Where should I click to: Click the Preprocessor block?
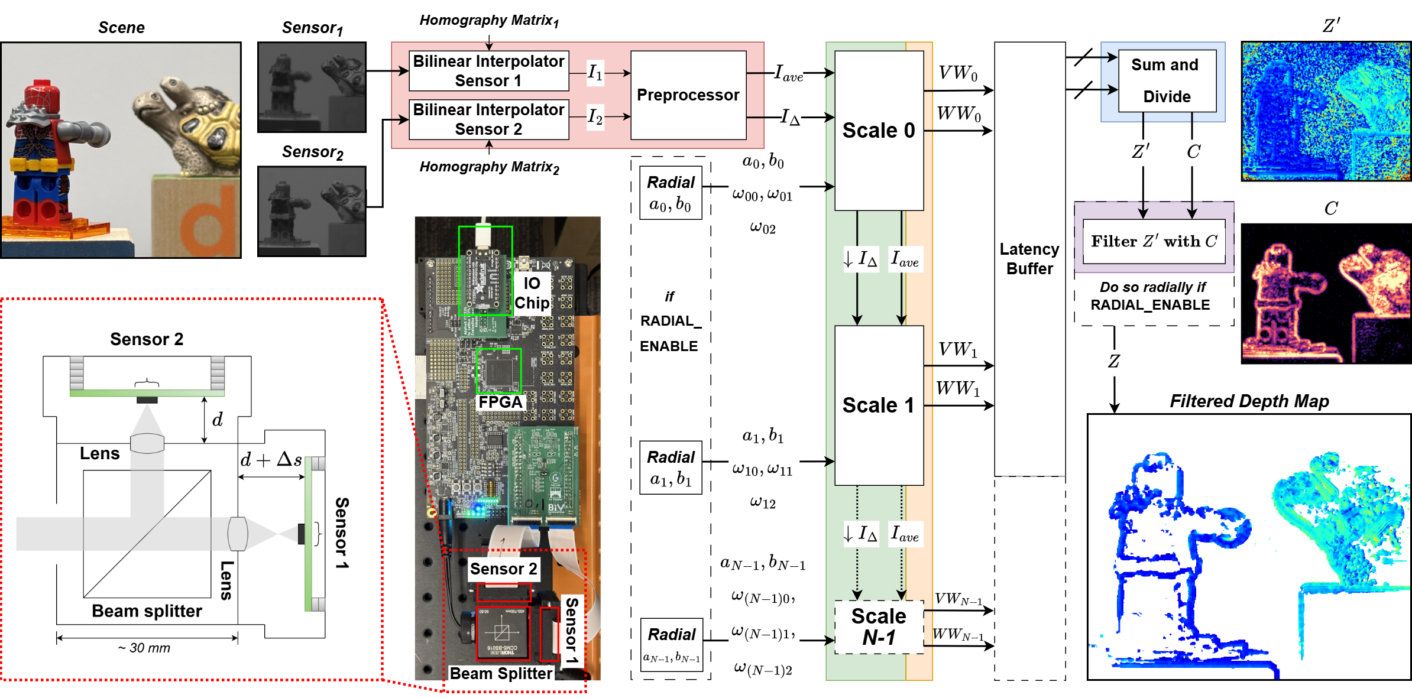pyautogui.click(x=688, y=95)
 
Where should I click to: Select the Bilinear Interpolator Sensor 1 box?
pyautogui.click(x=488, y=71)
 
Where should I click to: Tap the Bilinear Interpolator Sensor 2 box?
pyautogui.click(x=488, y=119)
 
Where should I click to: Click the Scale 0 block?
pyautogui.click(x=879, y=131)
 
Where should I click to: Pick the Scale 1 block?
pyautogui.click(x=879, y=405)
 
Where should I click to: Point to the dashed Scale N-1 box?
pyautogui.click(x=879, y=626)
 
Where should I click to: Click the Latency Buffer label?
pyautogui.click(x=1029, y=259)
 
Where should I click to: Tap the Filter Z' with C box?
pyautogui.click(x=1154, y=241)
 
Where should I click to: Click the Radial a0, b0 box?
pyautogui.click(x=671, y=193)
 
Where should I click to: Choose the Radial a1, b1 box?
pyautogui.click(x=671, y=468)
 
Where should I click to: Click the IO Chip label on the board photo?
pyautogui.click(x=532, y=293)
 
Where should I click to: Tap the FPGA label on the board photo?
pyautogui.click(x=500, y=402)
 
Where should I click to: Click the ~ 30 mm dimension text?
pyautogui.click(x=144, y=648)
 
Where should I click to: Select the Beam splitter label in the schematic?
pyautogui.click(x=147, y=611)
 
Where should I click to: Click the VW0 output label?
pyautogui.click(x=958, y=74)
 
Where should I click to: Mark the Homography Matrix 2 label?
pyautogui.click(x=489, y=167)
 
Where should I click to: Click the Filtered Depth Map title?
pyautogui.click(x=1249, y=401)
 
